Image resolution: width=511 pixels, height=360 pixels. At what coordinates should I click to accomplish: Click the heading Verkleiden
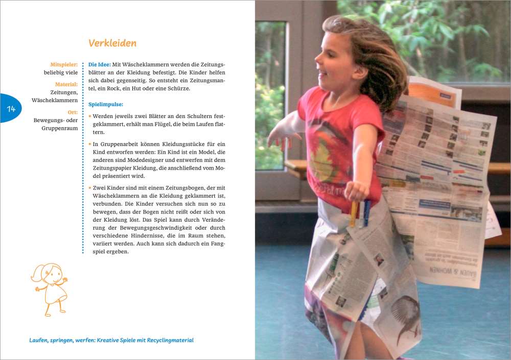pos(112,43)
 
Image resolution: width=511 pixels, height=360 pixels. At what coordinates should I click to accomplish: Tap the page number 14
pos(11,109)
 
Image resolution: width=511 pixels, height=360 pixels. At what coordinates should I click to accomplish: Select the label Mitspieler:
pos(64,65)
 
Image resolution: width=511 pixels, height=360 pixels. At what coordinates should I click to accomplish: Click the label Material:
pos(66,84)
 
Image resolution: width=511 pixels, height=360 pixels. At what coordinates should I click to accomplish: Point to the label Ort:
pos(73,112)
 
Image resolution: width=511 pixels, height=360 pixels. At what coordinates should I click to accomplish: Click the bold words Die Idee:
pos(100,65)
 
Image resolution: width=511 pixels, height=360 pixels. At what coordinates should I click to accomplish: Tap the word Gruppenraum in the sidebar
pos(60,128)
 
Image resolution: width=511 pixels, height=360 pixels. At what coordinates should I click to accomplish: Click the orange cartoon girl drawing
pos(50,289)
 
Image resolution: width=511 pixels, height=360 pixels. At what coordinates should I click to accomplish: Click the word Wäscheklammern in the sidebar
pos(55,101)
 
